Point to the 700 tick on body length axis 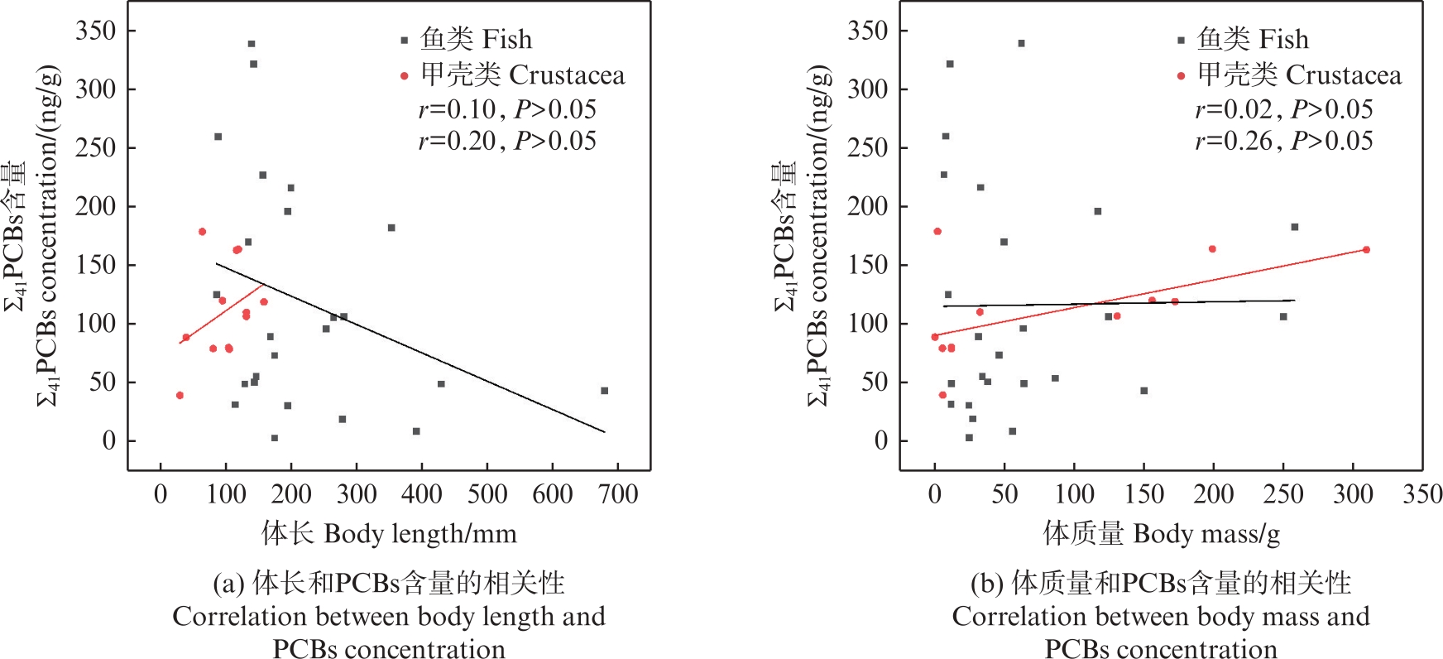click(618, 495)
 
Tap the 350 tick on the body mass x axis click(1421, 495)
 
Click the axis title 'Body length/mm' click(389, 534)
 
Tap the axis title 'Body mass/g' click(1162, 534)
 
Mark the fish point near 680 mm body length click(604, 391)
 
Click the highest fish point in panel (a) click(252, 44)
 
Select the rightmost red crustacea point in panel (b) click(1366, 250)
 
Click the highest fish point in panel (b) click(1021, 43)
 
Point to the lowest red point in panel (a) click(180, 396)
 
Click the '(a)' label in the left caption click(228, 584)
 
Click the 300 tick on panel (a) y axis click(96, 89)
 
